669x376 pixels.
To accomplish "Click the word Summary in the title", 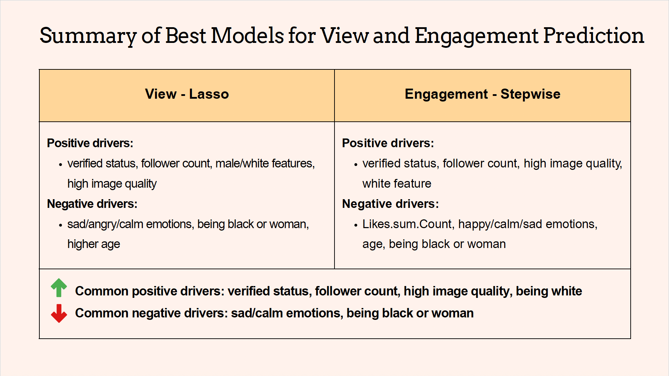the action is coord(88,36).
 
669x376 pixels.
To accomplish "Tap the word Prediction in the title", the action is coord(593,36).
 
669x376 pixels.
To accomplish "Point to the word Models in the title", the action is coord(247,36).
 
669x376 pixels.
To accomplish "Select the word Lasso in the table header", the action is coord(209,94).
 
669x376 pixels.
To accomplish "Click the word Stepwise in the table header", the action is coord(530,95).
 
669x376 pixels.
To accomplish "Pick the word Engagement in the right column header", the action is coord(446,95).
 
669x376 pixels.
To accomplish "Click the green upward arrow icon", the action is coord(59,288).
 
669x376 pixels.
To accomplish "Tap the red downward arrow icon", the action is coord(59,313).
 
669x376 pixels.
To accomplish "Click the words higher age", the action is coord(94,244).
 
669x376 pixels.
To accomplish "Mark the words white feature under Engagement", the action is coord(397,183).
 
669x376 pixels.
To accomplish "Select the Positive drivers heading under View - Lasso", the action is coord(90,143).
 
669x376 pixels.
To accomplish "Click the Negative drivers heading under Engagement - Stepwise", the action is coord(390,204).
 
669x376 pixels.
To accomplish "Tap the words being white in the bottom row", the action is coord(549,291).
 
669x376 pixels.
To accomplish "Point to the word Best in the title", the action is coord(186,36).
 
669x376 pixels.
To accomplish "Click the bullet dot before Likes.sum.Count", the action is coord(355,225).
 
